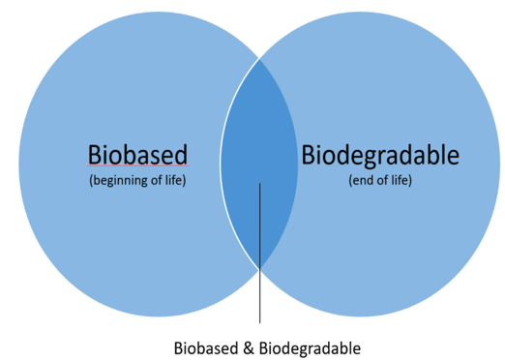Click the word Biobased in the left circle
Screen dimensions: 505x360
[137, 155]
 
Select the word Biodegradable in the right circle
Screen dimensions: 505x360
[380, 156]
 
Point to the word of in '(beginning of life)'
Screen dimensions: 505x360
[157, 180]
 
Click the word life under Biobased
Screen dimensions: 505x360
[174, 180]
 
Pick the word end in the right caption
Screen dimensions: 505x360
[363, 181]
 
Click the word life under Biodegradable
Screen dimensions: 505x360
[401, 180]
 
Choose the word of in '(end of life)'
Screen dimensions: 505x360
[383, 180]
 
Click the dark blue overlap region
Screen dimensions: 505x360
[259, 135]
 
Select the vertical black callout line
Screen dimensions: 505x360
[259, 253]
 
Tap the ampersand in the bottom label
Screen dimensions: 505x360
[249, 348]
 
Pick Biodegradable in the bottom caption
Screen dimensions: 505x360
[310, 349]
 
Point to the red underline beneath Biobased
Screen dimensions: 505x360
[138, 165]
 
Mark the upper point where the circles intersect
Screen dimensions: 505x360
[259, 59]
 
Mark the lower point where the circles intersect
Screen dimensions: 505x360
[259, 268]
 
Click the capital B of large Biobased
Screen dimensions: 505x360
[95, 155]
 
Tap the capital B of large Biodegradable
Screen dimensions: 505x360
[309, 155]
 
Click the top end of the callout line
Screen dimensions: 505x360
[259, 183]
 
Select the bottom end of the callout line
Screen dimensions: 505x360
[259, 323]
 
